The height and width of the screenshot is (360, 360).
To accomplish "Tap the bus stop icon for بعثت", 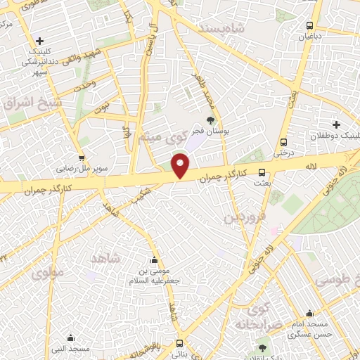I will [x=262, y=172].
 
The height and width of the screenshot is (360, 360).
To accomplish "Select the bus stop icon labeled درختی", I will [x=283, y=141].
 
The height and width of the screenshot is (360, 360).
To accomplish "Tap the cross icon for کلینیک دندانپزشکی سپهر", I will [x=40, y=41].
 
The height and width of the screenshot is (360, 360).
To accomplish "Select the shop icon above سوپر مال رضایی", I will [x=83, y=158].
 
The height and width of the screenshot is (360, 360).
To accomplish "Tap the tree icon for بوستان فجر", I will [x=210, y=121].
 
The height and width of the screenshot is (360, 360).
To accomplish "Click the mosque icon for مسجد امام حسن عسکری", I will [x=310, y=314].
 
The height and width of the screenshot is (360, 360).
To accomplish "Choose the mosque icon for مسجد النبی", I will [x=58, y=337].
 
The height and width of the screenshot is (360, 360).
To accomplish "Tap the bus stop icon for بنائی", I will [x=180, y=344].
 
